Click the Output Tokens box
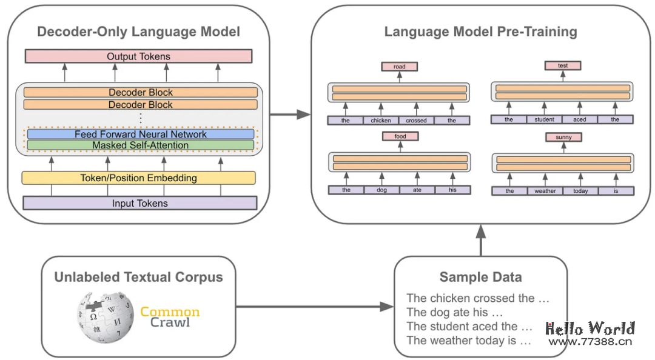point(138,56)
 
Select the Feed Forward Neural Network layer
point(140,134)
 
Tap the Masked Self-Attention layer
point(140,145)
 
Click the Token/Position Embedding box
point(138,178)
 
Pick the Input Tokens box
point(139,203)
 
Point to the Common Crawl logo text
point(170,317)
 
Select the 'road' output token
point(399,67)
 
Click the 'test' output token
point(562,65)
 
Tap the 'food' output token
point(400,136)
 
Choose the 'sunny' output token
point(563,138)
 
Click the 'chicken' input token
point(381,121)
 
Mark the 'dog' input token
point(381,190)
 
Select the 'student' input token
point(544,119)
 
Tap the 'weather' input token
point(545,191)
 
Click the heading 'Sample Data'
point(480,278)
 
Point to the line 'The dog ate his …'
point(455,312)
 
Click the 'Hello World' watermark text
point(590,328)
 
